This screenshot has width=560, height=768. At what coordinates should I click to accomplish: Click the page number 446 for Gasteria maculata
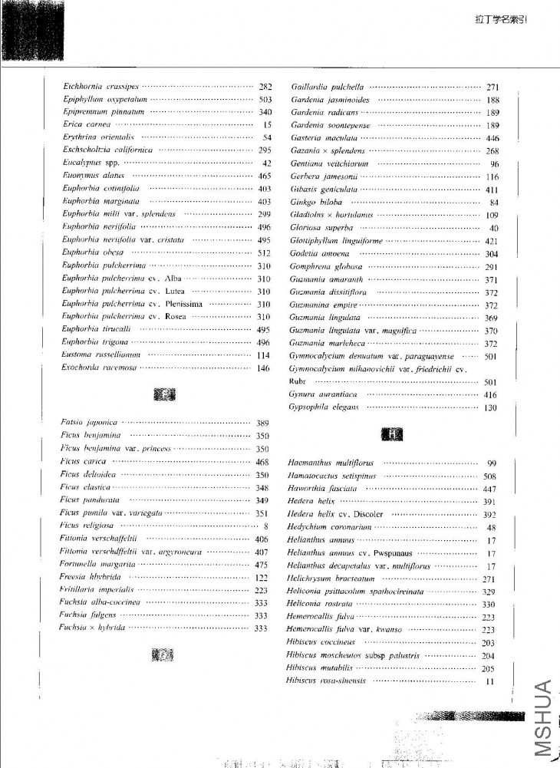tap(492, 137)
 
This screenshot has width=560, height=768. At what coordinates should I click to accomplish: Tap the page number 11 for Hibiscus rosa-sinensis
tap(490, 681)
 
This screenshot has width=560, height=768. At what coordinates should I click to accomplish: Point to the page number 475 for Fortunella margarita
tap(261, 565)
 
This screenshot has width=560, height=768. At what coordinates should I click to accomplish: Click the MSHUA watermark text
tap(544, 717)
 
